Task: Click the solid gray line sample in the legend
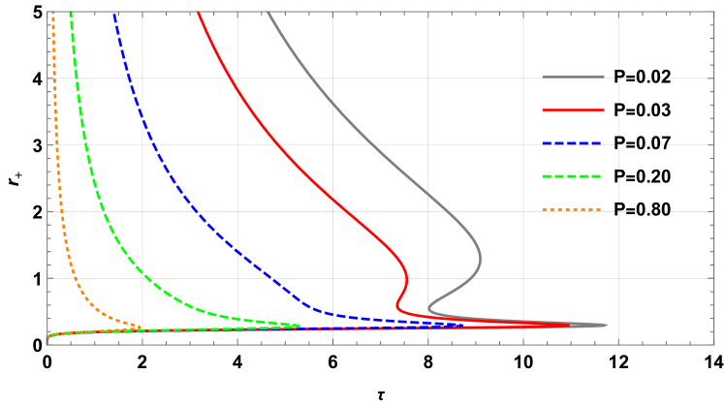(x=573, y=77)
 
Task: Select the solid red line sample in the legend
(x=573, y=109)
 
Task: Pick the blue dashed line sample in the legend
(x=573, y=143)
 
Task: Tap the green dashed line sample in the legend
(x=573, y=176)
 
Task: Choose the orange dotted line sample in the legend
(x=573, y=209)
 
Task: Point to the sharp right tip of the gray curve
(x=608, y=326)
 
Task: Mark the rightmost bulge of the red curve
(x=407, y=280)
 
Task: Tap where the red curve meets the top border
(x=198, y=13)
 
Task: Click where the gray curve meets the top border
(x=268, y=13)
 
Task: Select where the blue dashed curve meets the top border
(x=114, y=13)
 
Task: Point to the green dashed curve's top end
(x=71, y=13)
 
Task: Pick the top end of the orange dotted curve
(x=53, y=13)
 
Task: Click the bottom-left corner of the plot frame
(x=47, y=344)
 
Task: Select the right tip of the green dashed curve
(x=301, y=327)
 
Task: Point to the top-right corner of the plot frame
(x=714, y=12)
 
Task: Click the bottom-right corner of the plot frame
(x=714, y=344)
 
